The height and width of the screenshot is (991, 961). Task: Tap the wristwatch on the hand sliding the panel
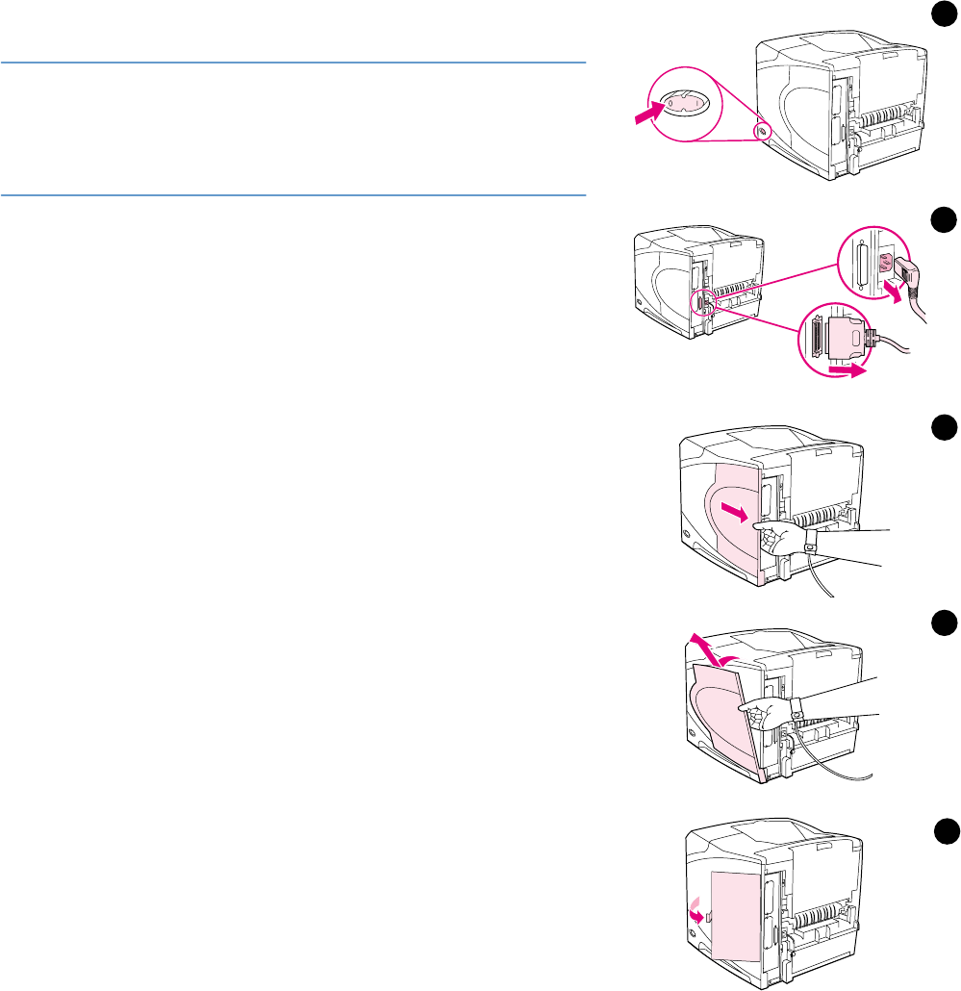[810, 545]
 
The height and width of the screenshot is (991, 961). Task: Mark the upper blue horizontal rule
[293, 64]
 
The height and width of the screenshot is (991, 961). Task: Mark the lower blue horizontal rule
[293, 196]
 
